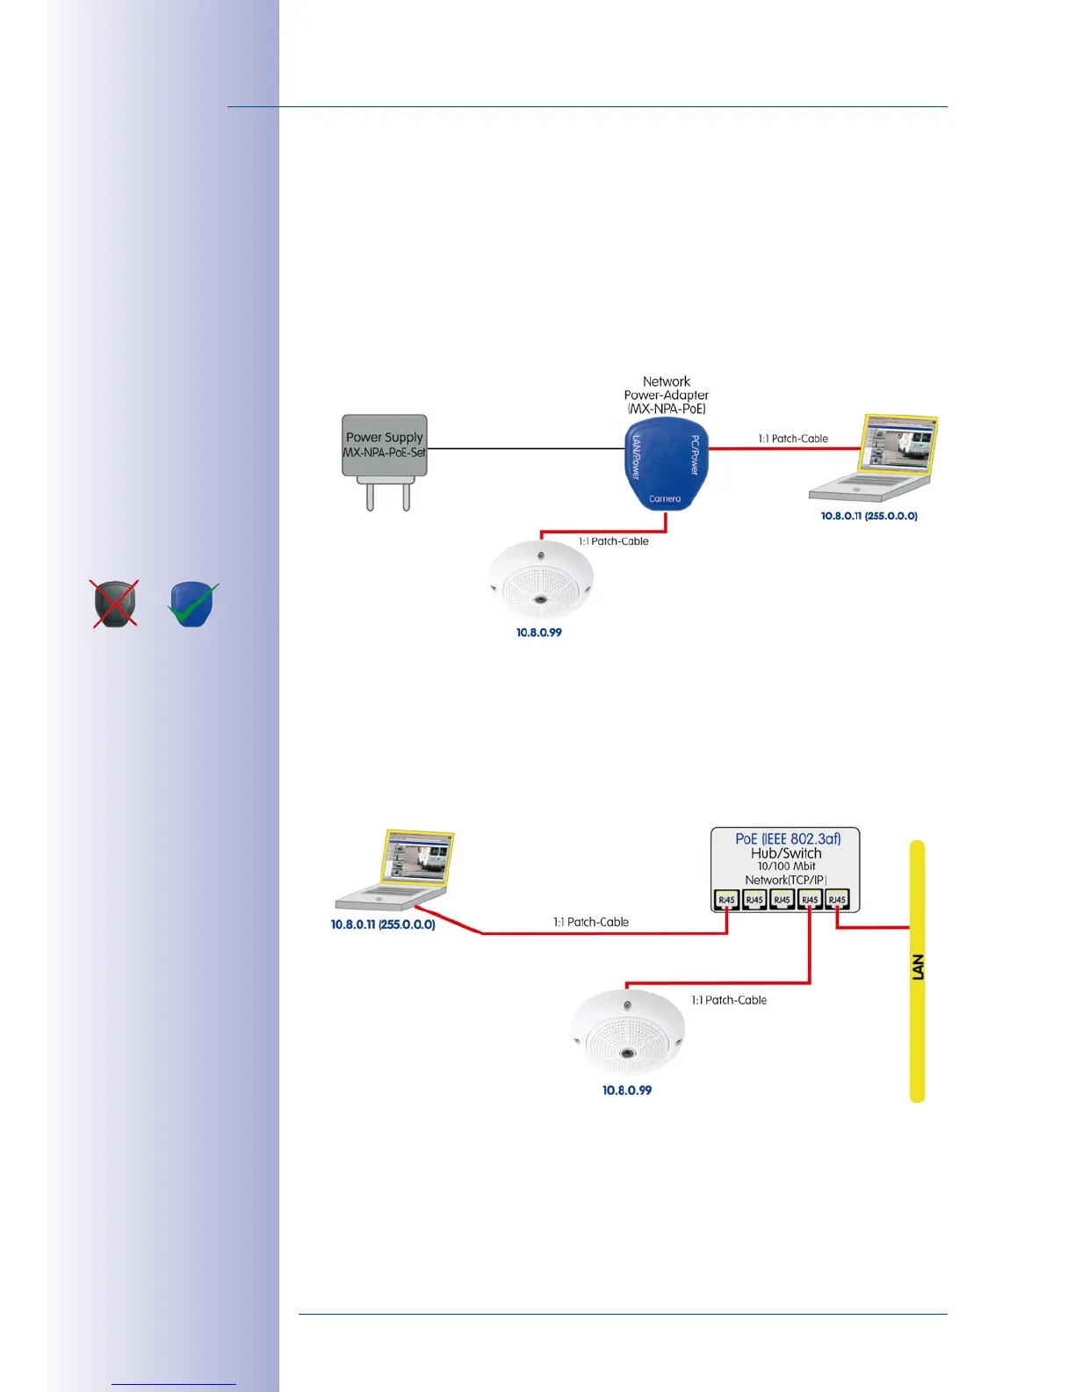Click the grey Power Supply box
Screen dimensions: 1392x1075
[385, 446]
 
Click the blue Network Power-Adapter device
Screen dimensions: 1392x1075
[666, 466]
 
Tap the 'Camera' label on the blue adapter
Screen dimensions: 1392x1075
[665, 499]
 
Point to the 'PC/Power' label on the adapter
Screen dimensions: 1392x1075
[695, 455]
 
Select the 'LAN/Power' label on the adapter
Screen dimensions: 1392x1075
[637, 457]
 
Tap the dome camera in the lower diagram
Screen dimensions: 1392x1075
[627, 1033]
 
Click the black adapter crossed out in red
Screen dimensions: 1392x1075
[115, 604]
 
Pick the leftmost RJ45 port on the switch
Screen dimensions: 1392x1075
[726, 900]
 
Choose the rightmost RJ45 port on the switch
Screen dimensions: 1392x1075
[837, 900]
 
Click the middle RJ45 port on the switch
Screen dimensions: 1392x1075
[782, 900]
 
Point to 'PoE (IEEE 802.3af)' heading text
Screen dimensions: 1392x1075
[788, 839]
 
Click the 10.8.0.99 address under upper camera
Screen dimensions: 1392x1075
[539, 633]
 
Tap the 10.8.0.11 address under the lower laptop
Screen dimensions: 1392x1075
[383, 924]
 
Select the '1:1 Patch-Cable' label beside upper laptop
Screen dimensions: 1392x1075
[793, 439]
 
